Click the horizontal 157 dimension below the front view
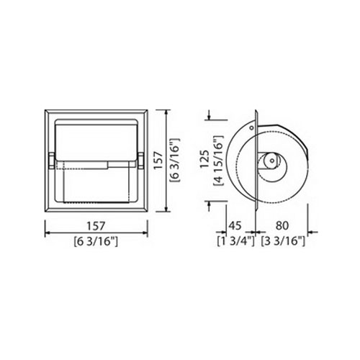click(96, 226)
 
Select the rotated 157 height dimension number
click(158, 161)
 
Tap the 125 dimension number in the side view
click(204, 159)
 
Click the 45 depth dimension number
click(235, 225)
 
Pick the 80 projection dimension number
click(282, 225)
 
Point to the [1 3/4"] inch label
click(235, 241)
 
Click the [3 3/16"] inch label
click(283, 241)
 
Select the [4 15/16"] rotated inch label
click(218, 161)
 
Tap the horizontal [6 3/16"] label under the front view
click(96, 241)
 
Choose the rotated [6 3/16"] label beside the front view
click(174, 161)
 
